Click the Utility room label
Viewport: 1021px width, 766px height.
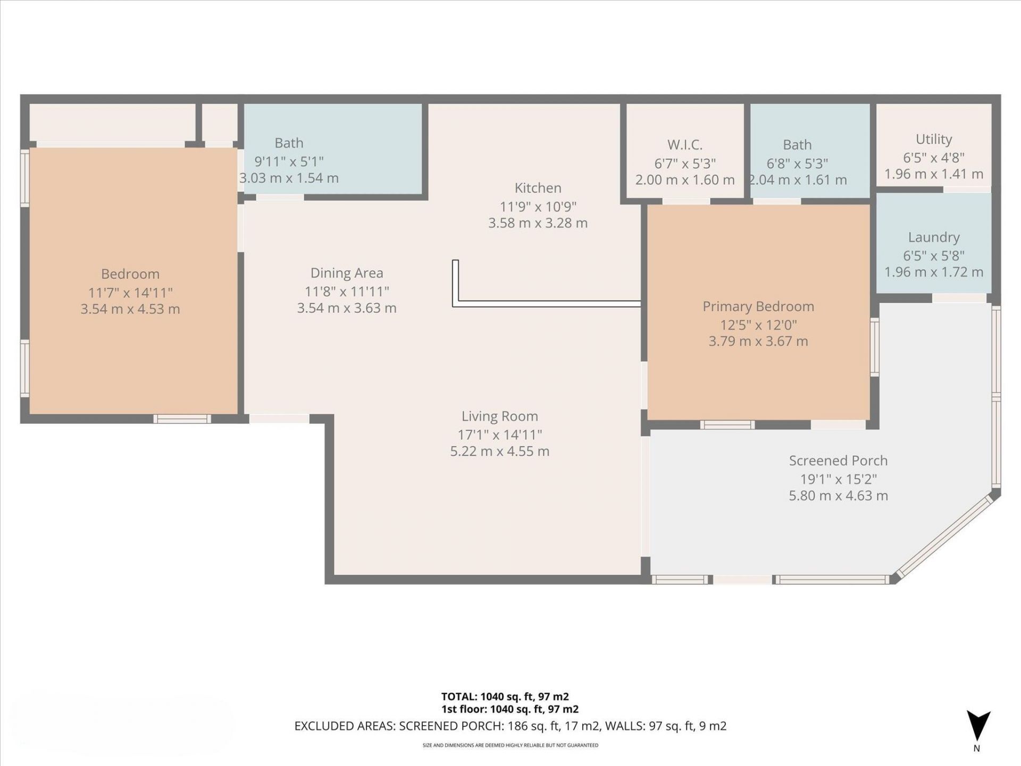[x=933, y=139]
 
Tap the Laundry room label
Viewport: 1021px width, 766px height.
[x=933, y=237]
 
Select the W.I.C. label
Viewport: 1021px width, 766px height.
[x=685, y=145]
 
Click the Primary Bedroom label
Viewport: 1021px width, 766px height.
[x=758, y=306]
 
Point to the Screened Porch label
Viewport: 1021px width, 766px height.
[x=838, y=461]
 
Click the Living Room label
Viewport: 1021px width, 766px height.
[x=499, y=416]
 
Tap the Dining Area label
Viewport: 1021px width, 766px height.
[x=347, y=273]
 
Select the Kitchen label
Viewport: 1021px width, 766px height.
[x=538, y=188]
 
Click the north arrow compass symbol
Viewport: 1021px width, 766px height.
[x=978, y=726]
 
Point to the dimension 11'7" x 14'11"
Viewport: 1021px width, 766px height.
[x=130, y=292]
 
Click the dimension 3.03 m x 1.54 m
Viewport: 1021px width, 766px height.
[x=289, y=178]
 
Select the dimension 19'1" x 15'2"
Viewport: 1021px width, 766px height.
[x=838, y=479]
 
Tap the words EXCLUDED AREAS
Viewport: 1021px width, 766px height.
[x=344, y=726]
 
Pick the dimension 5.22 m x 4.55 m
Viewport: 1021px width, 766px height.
[x=499, y=452]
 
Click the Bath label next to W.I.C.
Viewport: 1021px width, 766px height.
[x=797, y=145]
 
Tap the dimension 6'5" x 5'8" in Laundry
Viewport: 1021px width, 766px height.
[x=933, y=256]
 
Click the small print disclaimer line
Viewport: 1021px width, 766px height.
[x=510, y=745]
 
